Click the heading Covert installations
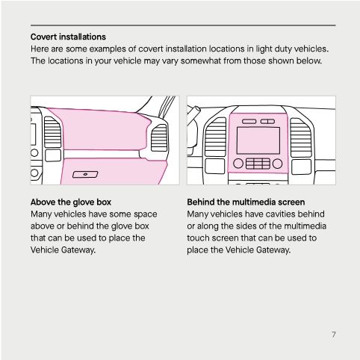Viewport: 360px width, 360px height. (x=68, y=37)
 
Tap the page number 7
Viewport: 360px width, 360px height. (x=333, y=334)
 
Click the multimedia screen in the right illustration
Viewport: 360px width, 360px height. (x=258, y=140)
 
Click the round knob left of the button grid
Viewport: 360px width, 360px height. (x=238, y=163)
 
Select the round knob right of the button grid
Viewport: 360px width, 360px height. (x=278, y=163)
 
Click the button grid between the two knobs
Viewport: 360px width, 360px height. (x=258, y=164)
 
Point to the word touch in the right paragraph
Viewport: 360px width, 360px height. (x=199, y=238)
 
